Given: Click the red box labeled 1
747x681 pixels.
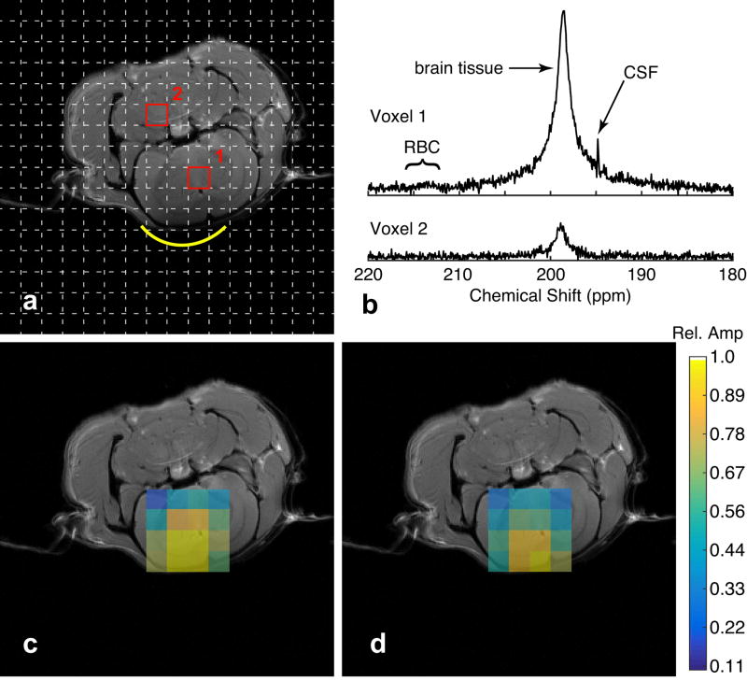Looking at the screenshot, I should (198, 177).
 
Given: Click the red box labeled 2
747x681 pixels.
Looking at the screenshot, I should (157, 114).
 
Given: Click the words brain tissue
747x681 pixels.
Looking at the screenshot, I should (458, 67).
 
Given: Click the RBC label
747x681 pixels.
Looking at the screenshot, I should (422, 147).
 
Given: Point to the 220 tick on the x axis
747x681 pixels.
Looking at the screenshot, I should (369, 275).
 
